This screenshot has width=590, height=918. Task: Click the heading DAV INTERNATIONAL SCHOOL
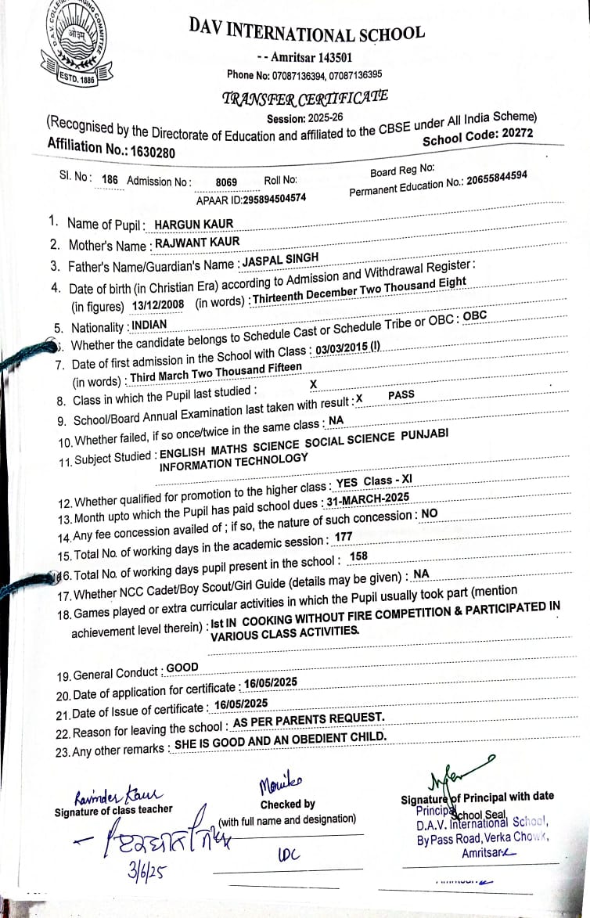click(307, 32)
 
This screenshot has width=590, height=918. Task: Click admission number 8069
click(226, 182)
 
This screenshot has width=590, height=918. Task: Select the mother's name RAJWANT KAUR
click(197, 243)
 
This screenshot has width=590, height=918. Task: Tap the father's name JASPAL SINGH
click(280, 260)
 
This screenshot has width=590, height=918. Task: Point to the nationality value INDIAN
click(149, 323)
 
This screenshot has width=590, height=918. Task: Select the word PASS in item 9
click(401, 395)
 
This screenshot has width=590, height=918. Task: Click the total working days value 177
click(343, 537)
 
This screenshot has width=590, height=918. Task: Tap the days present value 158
click(358, 556)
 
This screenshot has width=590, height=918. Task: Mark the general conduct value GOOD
click(182, 668)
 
